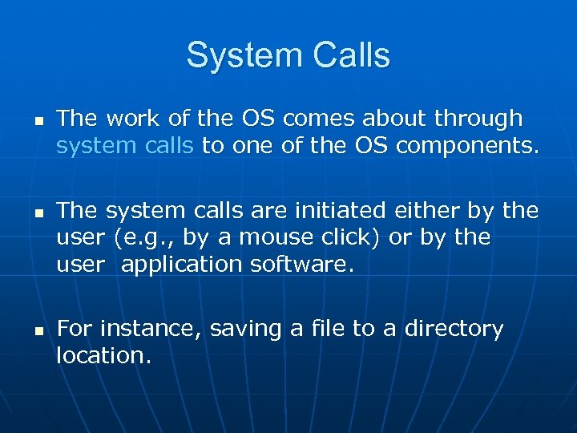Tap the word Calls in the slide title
coord(345,55)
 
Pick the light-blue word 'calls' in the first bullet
coord(166,147)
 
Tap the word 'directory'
coord(454,330)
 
